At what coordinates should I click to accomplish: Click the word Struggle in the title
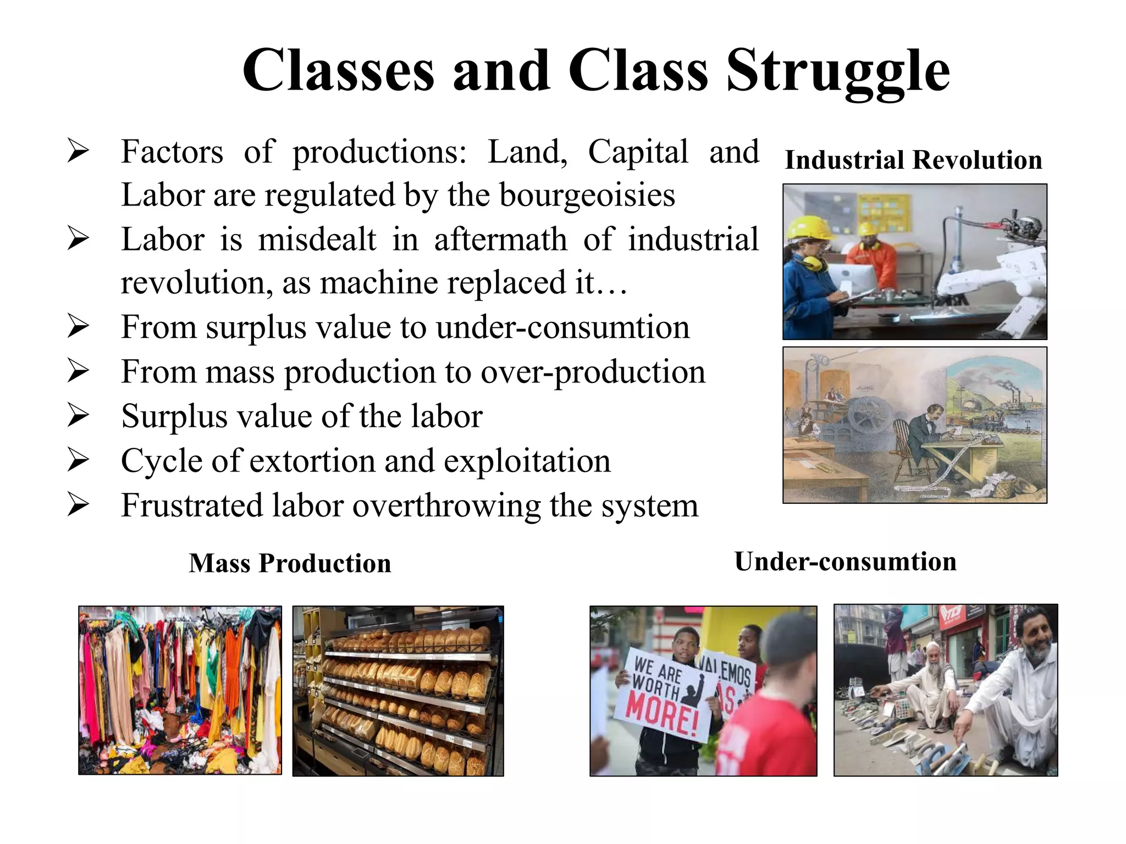click(x=838, y=71)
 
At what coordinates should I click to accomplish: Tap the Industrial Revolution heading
click(x=913, y=160)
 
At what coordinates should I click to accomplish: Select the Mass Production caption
click(x=290, y=563)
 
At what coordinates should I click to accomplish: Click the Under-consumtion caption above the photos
click(x=845, y=562)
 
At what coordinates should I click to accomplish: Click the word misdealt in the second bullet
click(x=317, y=240)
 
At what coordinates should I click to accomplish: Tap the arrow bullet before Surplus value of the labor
click(x=78, y=415)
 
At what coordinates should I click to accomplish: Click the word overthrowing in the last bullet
click(x=446, y=506)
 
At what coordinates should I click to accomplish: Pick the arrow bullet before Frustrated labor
click(x=78, y=505)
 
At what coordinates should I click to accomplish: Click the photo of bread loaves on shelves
click(x=398, y=691)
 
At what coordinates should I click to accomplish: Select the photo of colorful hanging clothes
click(x=180, y=690)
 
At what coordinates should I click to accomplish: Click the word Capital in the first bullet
click(x=638, y=152)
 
